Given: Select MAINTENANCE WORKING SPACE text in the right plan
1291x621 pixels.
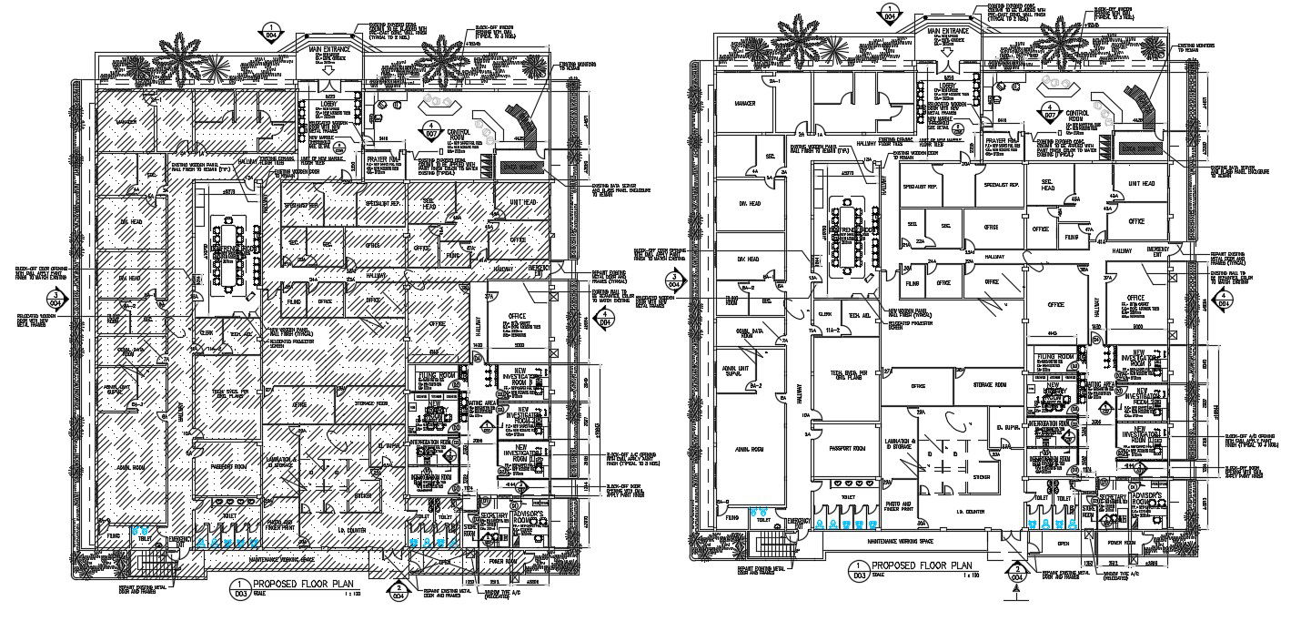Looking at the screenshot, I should point(901,543).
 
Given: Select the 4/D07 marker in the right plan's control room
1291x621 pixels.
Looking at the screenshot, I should point(1049,112).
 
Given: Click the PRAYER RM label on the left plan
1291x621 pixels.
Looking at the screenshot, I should point(378,158).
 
